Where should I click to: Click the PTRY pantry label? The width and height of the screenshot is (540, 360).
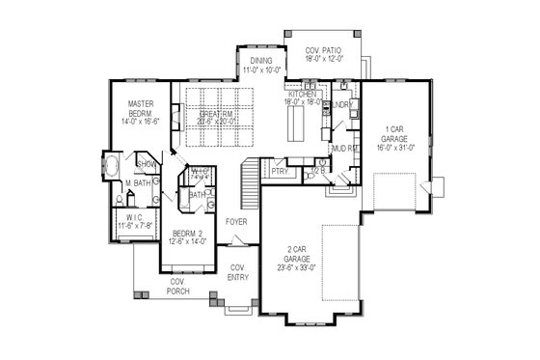click(x=280, y=172)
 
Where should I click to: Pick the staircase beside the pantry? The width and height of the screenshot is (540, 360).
click(x=251, y=176)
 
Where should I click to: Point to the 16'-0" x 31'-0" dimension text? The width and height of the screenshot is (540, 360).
click(x=394, y=150)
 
